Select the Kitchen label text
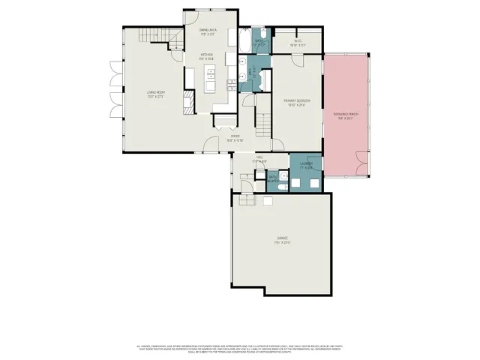(x=207, y=57)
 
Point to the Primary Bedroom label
(x=298, y=103)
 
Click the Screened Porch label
(x=346, y=115)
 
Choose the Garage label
(x=282, y=240)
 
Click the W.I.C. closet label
(x=298, y=43)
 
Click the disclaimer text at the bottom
(x=240, y=348)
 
